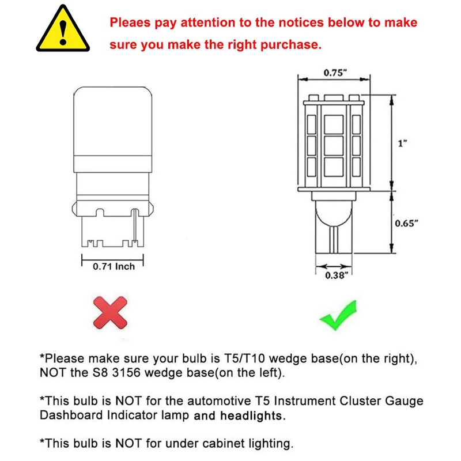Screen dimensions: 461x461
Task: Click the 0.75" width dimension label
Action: click(336, 73)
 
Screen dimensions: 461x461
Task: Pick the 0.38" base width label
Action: click(335, 275)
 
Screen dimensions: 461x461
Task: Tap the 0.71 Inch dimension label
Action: click(114, 266)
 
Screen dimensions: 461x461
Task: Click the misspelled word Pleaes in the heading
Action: click(132, 23)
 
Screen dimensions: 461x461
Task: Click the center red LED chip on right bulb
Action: click(332, 144)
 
